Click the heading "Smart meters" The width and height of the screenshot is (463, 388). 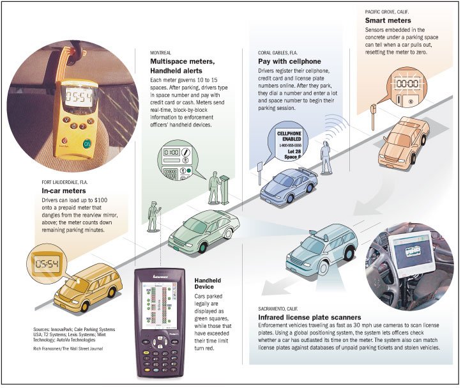(387, 20)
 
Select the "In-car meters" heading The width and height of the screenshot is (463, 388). (63, 190)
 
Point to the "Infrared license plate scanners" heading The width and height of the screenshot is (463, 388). (310, 317)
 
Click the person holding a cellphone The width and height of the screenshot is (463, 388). (326, 159)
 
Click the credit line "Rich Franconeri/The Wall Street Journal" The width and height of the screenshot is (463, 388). (68, 348)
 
